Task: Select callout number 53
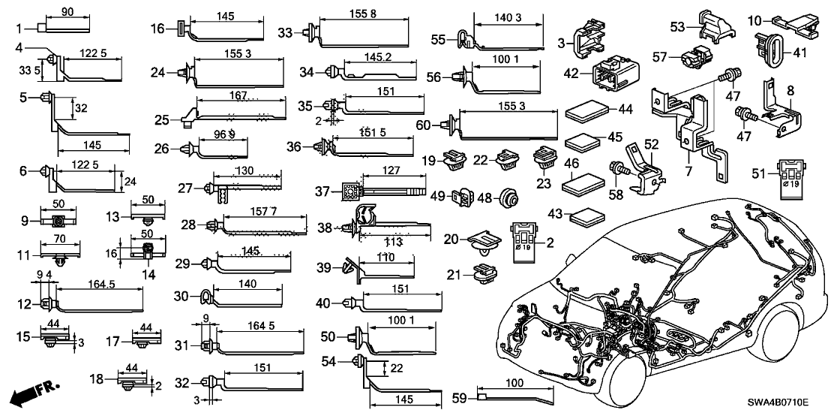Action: coord(678,28)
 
